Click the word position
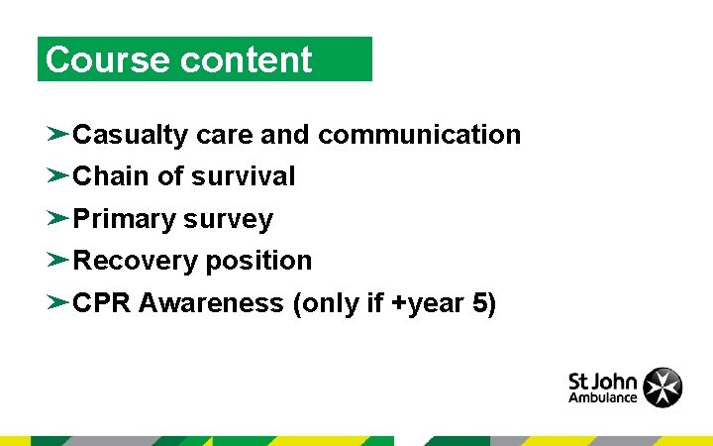(259, 261)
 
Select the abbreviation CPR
(103, 303)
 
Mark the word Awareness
(211, 303)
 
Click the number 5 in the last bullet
(480, 303)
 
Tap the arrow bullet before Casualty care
(57, 134)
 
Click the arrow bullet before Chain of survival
(57, 175)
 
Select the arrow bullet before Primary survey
(57, 218)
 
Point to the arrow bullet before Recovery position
(57, 260)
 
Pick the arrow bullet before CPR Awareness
(57, 302)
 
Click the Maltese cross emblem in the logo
(662, 388)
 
